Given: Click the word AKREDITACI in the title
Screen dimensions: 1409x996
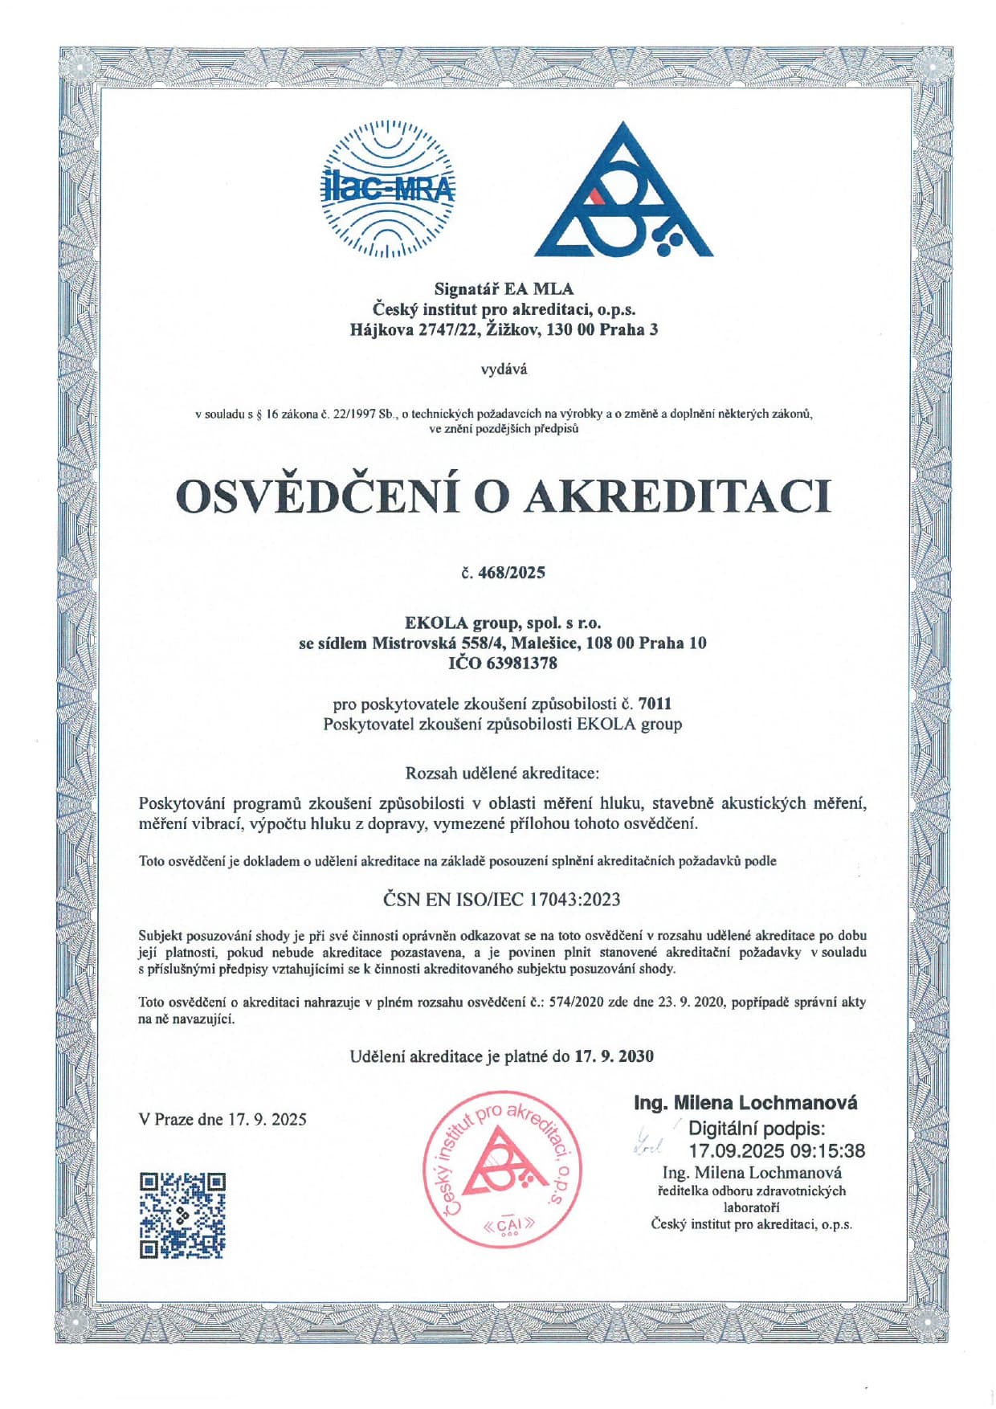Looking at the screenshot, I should [676, 496].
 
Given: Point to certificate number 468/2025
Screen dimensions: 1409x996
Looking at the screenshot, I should [511, 573].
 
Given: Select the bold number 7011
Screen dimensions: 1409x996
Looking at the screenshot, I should [655, 704].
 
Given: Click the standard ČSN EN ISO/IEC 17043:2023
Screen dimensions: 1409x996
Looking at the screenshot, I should [503, 899].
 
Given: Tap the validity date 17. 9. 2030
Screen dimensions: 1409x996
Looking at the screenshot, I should [614, 1056].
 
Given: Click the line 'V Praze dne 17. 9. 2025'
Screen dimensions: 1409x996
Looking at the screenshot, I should [222, 1119].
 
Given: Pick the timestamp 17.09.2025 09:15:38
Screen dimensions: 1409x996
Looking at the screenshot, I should [777, 1150].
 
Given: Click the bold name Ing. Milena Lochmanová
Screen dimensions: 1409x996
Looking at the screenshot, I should [745, 1102].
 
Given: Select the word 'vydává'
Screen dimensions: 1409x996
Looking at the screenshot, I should [504, 370].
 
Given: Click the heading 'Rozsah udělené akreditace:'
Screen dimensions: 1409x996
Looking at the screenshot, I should [503, 774].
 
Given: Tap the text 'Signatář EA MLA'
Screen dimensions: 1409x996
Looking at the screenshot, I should [504, 288].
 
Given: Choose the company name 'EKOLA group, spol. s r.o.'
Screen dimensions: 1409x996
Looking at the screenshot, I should [503, 623].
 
